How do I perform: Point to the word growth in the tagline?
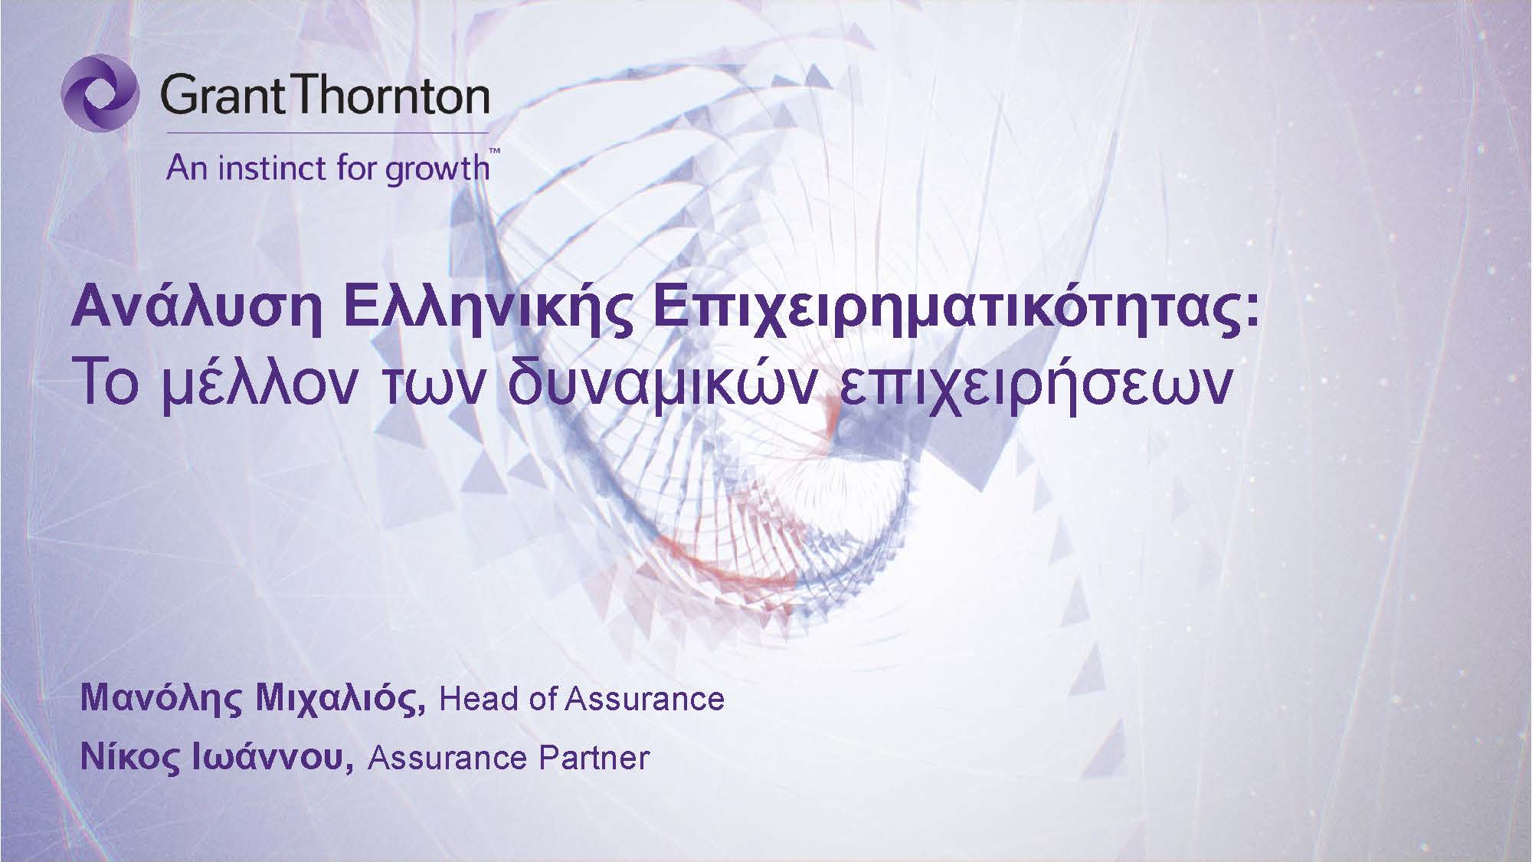click(437, 169)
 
